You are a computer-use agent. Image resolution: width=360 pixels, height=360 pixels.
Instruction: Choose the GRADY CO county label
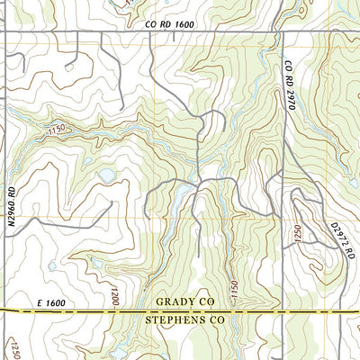point(187,303)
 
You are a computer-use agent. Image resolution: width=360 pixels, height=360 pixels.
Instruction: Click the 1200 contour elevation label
point(115,296)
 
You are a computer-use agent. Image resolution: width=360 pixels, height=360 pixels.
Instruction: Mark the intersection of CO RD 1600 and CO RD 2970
point(281,33)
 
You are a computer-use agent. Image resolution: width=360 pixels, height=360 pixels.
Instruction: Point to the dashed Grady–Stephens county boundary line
point(90,311)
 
